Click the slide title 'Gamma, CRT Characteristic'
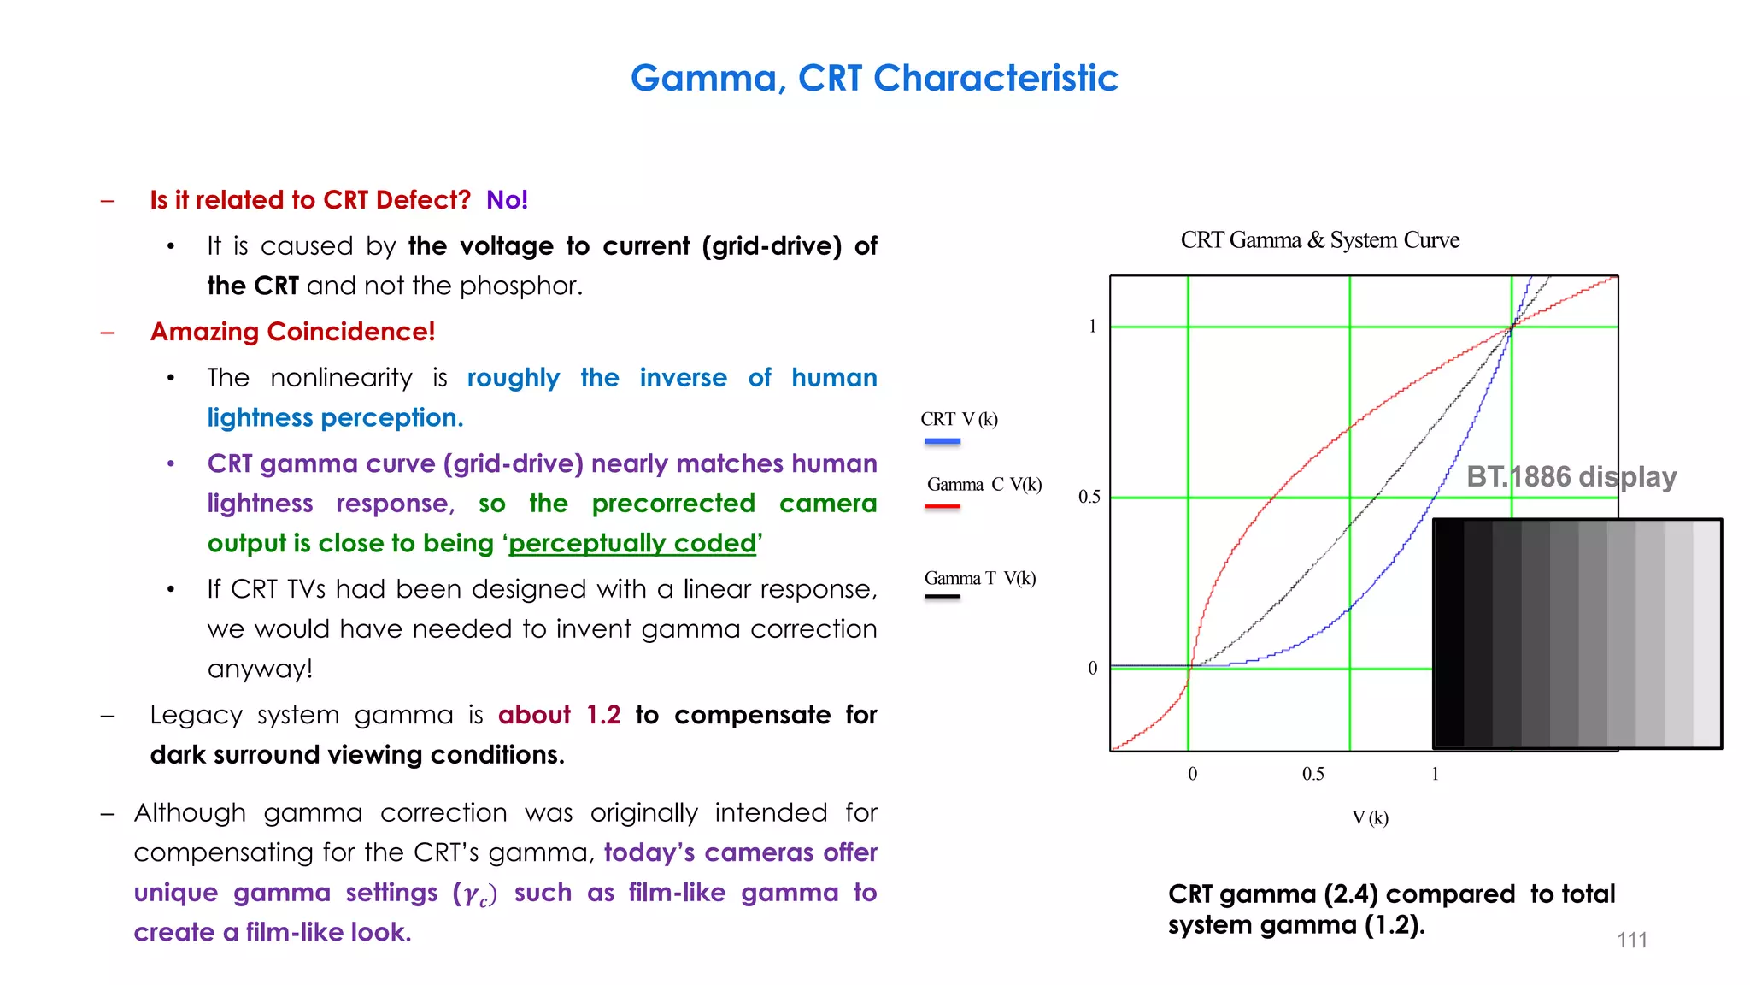tap(874, 78)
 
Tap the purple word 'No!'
tap(507, 200)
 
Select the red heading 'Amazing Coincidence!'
tap(292, 332)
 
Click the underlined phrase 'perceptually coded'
tap(632, 544)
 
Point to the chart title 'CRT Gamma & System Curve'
tap(1319, 240)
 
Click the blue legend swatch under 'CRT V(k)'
tap(943, 442)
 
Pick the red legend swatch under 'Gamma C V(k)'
tap(943, 507)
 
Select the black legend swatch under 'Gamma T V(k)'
tap(943, 597)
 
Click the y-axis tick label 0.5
tap(1089, 498)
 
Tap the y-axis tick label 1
tap(1092, 327)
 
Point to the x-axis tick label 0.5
tap(1312, 775)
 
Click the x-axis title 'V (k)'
tap(1370, 818)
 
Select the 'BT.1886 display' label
tap(1571, 477)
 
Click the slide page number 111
tap(1631, 941)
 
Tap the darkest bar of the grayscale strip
tap(1449, 634)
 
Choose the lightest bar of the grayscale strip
tap(1706, 634)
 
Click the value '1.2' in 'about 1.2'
tap(603, 715)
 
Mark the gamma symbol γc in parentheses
tap(475, 894)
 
